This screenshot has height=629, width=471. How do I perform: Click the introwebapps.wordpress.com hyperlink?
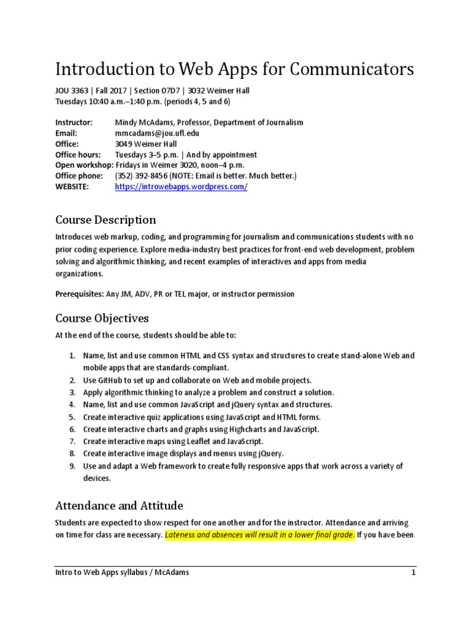coord(181,187)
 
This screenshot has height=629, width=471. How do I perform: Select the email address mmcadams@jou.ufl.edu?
coord(157,133)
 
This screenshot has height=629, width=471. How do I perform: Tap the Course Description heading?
coord(105,220)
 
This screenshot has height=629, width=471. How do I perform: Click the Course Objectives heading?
coord(102,318)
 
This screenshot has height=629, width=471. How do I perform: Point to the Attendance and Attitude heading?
coord(119,506)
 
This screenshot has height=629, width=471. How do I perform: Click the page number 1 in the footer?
coord(414,572)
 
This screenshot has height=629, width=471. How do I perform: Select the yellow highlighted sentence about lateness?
coord(259,535)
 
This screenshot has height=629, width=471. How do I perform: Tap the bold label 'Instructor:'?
coord(74,122)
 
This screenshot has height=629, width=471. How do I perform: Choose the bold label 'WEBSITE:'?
coord(72,187)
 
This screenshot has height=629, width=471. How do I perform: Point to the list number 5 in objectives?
coord(72,418)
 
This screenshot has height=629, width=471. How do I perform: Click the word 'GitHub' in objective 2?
coord(113,380)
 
